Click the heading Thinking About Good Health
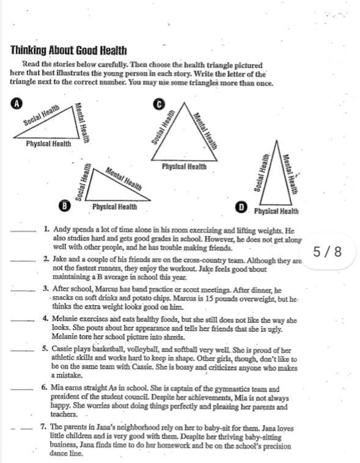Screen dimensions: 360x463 (x=68, y=51)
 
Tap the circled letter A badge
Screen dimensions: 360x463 (x=17, y=104)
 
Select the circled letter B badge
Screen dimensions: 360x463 (x=64, y=205)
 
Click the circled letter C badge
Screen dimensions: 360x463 (x=159, y=104)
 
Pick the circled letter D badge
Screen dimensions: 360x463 (x=241, y=207)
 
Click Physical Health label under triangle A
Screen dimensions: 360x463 (x=48, y=144)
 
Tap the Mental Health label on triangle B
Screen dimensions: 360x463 (x=123, y=178)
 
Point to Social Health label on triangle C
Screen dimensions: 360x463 (x=163, y=126)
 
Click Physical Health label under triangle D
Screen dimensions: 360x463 (x=276, y=211)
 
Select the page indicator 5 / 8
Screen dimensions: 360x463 (x=327, y=252)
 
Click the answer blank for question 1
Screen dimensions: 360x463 (x=23, y=231)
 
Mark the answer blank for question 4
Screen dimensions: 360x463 (x=22, y=321)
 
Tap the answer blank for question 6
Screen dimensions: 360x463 (x=22, y=390)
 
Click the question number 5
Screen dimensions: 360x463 (x=45, y=349)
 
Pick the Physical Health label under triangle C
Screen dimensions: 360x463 (x=184, y=167)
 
